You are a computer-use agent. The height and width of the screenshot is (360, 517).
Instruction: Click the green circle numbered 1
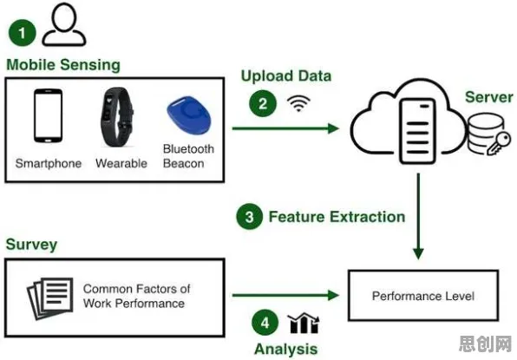22,33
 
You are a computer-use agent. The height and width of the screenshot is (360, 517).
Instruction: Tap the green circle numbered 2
263,103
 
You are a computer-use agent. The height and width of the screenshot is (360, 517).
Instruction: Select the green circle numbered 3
250,217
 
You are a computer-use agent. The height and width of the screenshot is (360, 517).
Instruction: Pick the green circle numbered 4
265,323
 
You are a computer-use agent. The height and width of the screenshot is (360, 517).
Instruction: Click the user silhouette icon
64,25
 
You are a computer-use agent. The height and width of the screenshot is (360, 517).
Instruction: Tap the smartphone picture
48,115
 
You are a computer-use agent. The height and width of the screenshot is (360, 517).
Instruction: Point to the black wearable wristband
117,117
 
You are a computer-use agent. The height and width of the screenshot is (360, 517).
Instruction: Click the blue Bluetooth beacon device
188,114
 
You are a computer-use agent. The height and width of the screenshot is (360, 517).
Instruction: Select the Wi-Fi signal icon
298,103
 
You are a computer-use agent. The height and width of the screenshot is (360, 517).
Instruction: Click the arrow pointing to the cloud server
285,128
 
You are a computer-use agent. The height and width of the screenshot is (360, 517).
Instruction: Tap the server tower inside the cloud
417,131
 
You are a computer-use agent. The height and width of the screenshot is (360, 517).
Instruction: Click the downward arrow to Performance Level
418,216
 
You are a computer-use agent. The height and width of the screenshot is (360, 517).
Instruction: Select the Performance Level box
423,295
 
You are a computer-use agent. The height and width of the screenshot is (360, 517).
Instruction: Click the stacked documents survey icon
50,298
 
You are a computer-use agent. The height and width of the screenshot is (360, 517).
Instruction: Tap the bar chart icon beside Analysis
304,323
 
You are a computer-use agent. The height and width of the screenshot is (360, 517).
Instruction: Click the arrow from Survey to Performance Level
285,295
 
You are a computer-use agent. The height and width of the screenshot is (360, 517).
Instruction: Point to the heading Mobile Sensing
63,64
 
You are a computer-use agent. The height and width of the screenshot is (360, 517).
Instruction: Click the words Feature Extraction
337,217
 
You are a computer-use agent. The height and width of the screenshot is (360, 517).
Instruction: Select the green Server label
489,97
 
